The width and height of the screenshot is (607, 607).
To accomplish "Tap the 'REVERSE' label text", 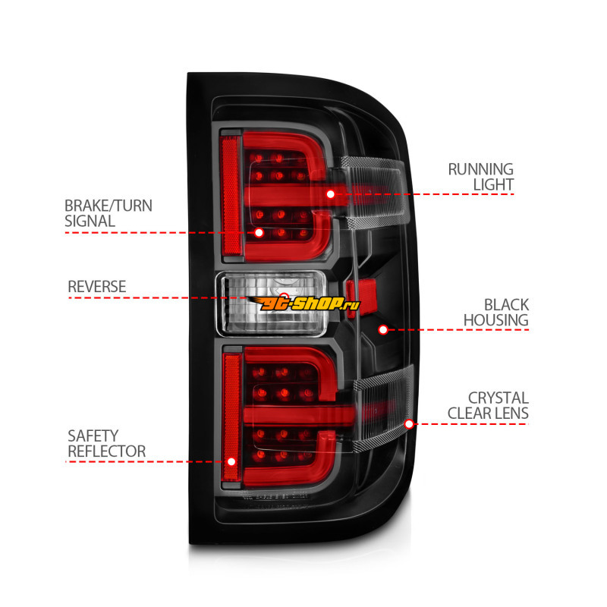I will pyautogui.click(x=97, y=286).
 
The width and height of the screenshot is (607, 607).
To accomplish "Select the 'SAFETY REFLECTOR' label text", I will pyautogui.click(x=106, y=443).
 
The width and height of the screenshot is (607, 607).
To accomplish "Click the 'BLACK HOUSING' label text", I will pyautogui.click(x=495, y=312).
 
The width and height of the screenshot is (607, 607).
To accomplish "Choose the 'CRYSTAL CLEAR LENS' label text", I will pyautogui.click(x=488, y=405).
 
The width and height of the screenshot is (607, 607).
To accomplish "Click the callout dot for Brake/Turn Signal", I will pyautogui.click(x=259, y=233).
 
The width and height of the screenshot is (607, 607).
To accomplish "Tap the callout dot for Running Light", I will pyautogui.click(x=331, y=194).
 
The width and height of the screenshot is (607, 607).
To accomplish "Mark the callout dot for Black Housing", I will pyautogui.click(x=383, y=329).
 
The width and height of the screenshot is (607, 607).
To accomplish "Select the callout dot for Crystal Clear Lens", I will pyautogui.click(x=410, y=423).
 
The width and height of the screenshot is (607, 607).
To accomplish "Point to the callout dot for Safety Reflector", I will pyautogui.click(x=231, y=461).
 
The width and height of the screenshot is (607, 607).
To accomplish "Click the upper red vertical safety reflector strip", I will pyautogui.click(x=230, y=194).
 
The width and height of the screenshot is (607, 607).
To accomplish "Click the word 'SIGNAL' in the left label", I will pyautogui.click(x=90, y=221).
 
